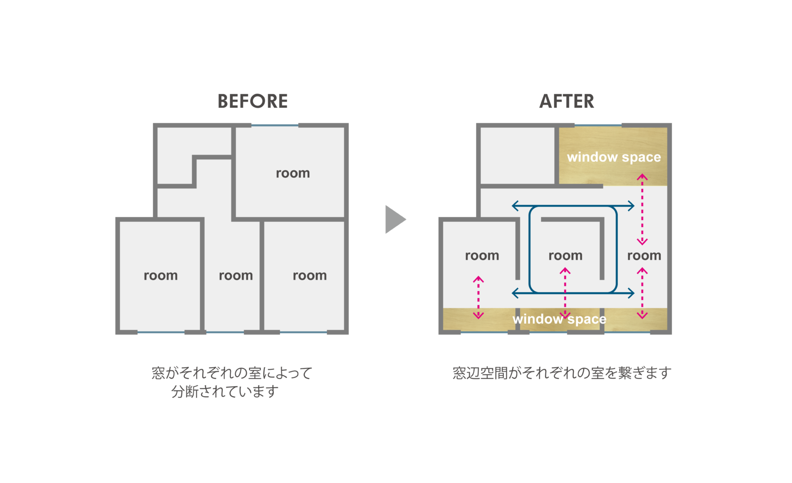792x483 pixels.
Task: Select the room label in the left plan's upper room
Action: [x=293, y=173]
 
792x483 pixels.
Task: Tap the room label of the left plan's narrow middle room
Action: [x=236, y=276]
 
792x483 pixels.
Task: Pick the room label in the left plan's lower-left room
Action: [x=161, y=276]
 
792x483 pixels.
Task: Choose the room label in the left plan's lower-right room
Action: [x=310, y=276]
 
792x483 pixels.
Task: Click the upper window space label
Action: [x=614, y=157]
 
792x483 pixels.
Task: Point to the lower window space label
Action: [x=559, y=319]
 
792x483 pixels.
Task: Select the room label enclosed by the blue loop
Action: [x=565, y=256]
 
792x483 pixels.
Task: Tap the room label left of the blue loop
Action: [x=482, y=256]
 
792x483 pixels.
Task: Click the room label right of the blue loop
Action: [x=644, y=256]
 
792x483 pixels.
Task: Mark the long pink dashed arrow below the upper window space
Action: [x=642, y=209]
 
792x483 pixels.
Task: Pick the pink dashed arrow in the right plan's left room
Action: [x=479, y=297]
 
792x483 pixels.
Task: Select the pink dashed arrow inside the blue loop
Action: [x=565, y=292]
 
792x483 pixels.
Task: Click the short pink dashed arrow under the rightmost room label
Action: [x=642, y=293]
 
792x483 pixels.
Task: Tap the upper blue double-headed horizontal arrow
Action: [x=573, y=206]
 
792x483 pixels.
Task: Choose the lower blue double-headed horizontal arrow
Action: [x=573, y=293]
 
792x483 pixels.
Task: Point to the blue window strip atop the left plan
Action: [x=275, y=126]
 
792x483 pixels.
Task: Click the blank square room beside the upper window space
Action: [x=517, y=156]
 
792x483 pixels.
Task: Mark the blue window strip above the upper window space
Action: [x=598, y=126]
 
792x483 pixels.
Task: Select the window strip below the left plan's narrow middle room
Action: [x=225, y=331]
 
